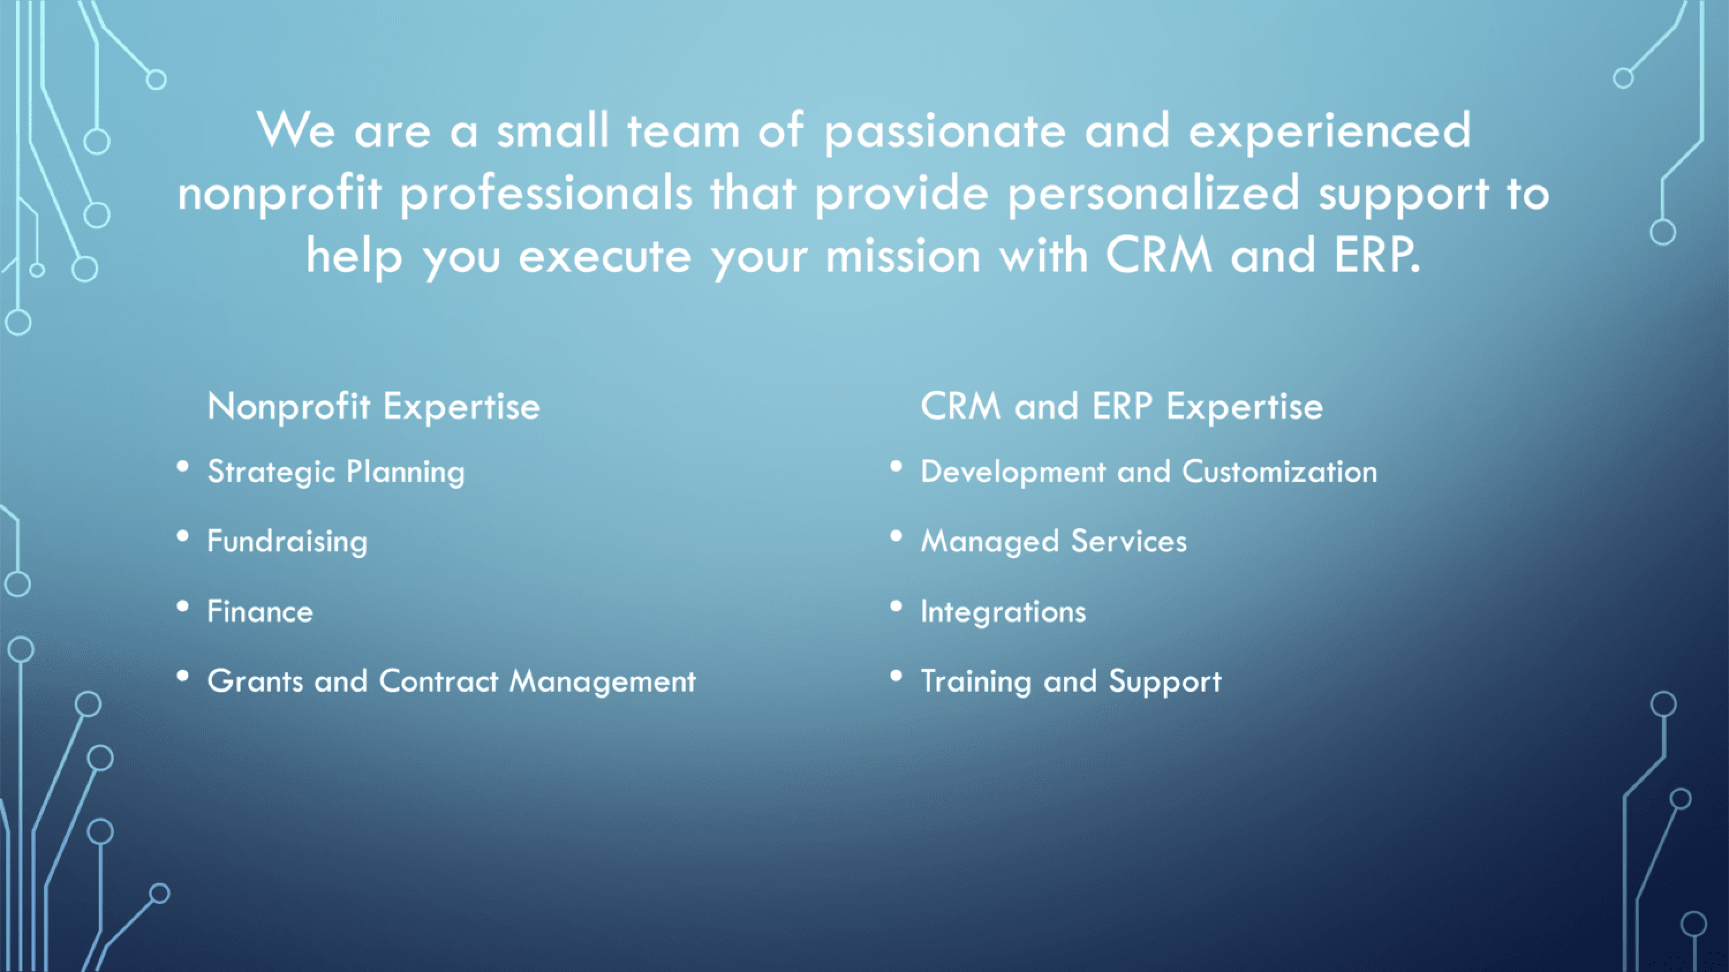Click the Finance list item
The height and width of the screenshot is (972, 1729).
(261, 612)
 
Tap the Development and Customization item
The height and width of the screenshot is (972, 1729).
(1149, 471)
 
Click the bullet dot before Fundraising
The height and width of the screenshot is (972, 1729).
(183, 536)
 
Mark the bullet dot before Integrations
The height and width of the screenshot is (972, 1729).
(896, 606)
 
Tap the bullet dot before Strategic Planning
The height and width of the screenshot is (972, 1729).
(183, 466)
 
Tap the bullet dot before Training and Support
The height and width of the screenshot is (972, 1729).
(896, 676)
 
